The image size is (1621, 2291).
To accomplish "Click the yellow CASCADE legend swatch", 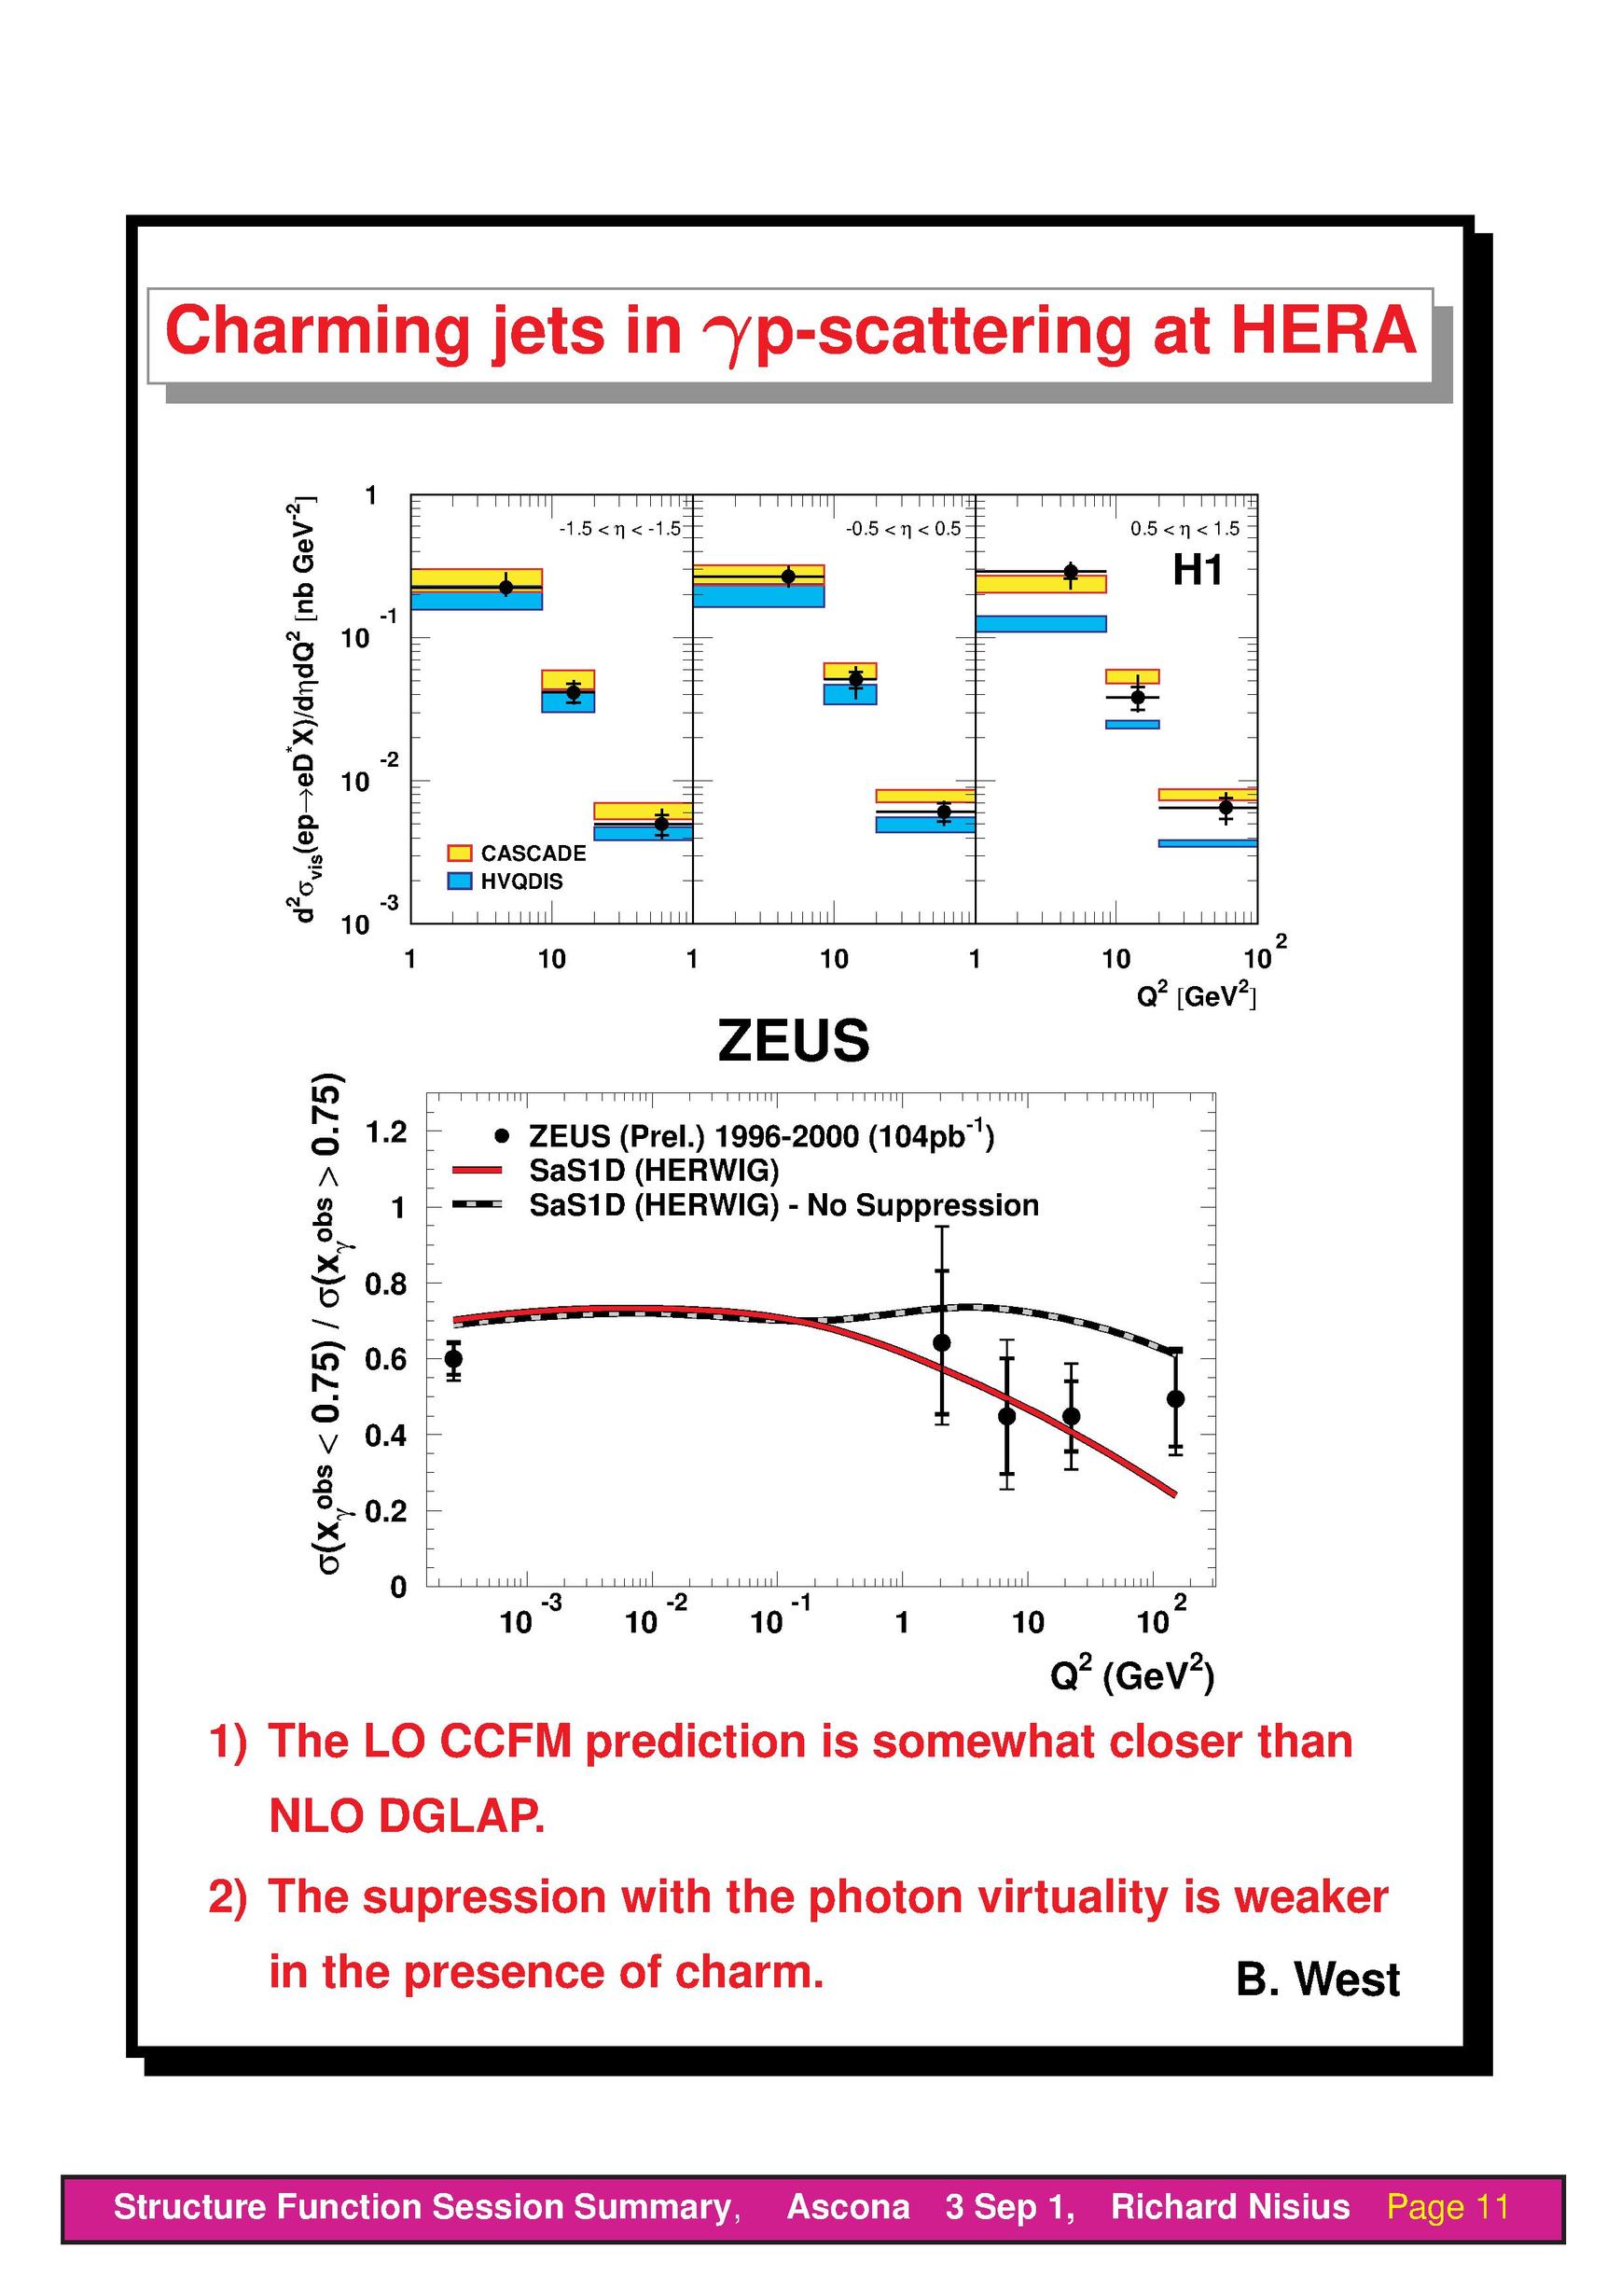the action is pos(459,853).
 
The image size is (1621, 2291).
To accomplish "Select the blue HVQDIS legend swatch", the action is pos(459,881).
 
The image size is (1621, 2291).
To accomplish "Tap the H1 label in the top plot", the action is pos(1197,570).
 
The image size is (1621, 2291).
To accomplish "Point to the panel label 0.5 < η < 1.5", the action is pos(1184,528).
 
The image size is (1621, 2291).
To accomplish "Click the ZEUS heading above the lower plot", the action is pos(794,1040).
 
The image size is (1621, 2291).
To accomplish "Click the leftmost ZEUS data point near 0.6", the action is pos(453,1357).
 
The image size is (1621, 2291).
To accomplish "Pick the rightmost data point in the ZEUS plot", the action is pos(1175,1398).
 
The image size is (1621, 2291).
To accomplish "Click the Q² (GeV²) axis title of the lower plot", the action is pos(1132,1674).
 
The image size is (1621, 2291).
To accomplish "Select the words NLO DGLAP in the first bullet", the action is pos(408,1815).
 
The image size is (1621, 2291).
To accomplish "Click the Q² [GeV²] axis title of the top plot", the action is pos(1196,995).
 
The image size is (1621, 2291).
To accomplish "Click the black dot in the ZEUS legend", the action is pos(502,1135).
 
